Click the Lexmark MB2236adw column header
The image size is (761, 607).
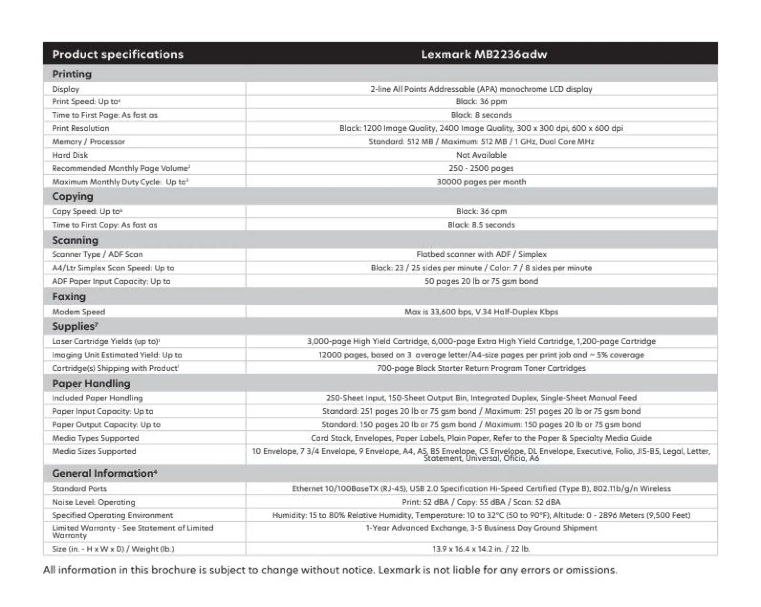(x=484, y=54)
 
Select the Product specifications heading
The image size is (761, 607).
(x=118, y=54)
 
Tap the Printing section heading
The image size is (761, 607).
(x=72, y=74)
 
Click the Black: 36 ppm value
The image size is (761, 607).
(x=482, y=102)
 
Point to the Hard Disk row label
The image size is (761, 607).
(x=70, y=155)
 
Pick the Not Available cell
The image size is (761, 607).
(x=482, y=155)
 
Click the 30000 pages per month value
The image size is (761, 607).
(x=482, y=182)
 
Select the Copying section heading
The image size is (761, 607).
(x=73, y=196)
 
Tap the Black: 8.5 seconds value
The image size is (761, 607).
(x=482, y=225)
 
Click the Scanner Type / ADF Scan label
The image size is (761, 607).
(x=98, y=255)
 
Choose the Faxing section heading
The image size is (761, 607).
(x=69, y=297)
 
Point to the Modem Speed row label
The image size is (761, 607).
(x=79, y=312)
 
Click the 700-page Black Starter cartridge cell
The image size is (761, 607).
(x=482, y=368)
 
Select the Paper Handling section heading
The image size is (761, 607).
(x=91, y=384)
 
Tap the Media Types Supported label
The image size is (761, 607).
(x=96, y=438)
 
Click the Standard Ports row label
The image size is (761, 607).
(x=80, y=489)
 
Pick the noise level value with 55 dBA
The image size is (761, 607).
(x=482, y=502)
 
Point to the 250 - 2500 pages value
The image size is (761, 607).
(x=482, y=168)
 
